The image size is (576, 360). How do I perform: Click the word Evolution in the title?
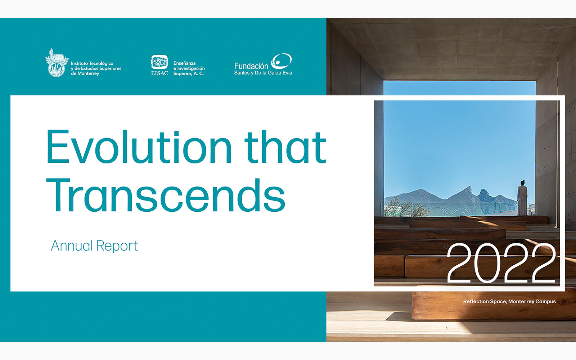click(x=139, y=147)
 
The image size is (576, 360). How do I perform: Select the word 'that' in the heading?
click(x=285, y=147)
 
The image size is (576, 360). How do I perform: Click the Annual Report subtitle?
click(x=94, y=246)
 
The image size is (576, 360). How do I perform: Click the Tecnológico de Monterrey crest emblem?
click(x=57, y=63)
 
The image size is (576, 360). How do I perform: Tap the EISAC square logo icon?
click(x=159, y=62)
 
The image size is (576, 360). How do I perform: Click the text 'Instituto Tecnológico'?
click(x=92, y=63)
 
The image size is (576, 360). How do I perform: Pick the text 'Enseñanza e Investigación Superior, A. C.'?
click(x=189, y=68)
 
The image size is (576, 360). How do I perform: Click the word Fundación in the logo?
click(x=251, y=66)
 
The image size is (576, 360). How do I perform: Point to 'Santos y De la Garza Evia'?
click(x=263, y=73)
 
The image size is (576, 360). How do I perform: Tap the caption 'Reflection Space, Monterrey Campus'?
click(x=509, y=301)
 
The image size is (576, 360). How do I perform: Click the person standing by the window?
click(x=522, y=198)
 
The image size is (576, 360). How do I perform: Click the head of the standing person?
click(x=522, y=183)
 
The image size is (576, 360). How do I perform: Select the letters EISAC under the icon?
click(x=159, y=73)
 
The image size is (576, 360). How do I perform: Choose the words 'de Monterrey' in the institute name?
click(x=85, y=73)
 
